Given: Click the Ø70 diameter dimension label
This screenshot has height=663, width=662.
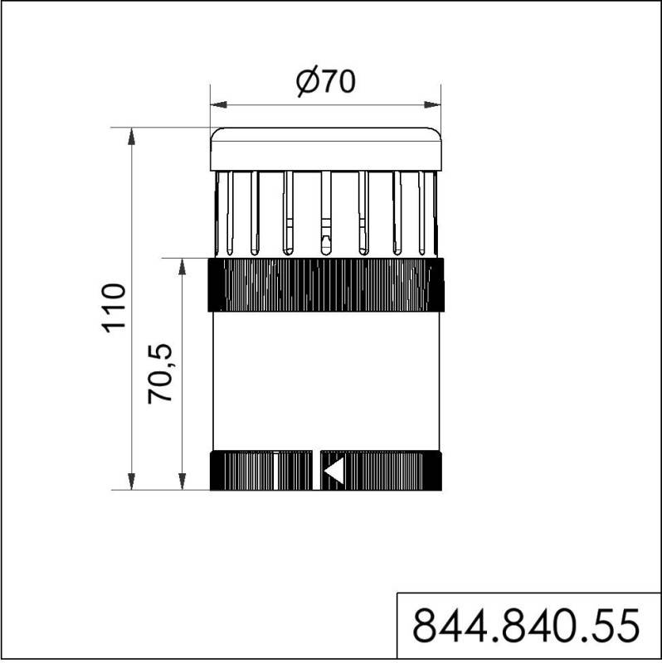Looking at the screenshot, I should click(325, 83).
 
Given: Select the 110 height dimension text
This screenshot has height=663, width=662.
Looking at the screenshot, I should click(114, 307).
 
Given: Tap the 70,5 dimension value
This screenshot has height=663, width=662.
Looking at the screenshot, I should click(163, 373).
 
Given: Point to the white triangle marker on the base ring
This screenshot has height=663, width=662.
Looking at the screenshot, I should click(333, 471).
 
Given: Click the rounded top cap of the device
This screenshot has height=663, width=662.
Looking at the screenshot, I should click(325, 148).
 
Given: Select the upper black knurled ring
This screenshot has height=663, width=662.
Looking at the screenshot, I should click(325, 284).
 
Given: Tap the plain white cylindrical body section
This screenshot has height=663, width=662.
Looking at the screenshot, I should click(325, 381).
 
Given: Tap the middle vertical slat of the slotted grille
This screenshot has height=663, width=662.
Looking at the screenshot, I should click(325, 212).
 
